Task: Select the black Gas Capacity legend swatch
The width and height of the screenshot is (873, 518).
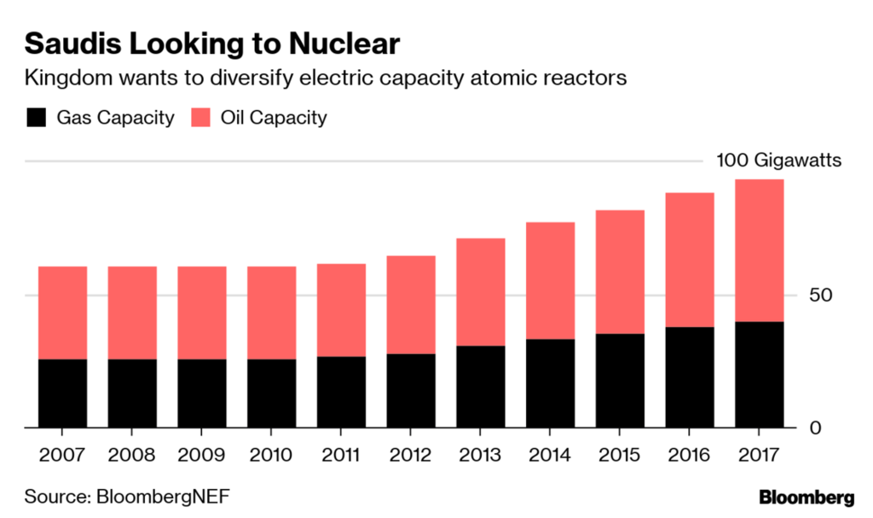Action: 38,117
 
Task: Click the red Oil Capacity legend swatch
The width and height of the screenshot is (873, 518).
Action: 202,117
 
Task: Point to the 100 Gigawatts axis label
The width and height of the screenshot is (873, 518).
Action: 778,161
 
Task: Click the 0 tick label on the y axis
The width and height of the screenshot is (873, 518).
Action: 814,428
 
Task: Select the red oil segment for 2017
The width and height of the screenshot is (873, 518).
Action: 759,250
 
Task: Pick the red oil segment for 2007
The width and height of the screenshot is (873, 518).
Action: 62,312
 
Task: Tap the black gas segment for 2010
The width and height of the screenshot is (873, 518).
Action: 271,393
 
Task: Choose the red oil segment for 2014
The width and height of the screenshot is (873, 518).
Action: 550,281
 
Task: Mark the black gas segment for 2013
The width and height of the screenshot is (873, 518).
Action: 480,386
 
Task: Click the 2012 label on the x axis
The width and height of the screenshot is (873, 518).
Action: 410,453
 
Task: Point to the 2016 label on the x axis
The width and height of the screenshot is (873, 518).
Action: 689,453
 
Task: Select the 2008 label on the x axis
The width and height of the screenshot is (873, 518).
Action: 132,453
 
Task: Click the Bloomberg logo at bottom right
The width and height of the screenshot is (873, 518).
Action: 806,496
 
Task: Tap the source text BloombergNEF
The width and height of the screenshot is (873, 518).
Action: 163,496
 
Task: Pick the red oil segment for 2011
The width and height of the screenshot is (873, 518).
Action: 341,310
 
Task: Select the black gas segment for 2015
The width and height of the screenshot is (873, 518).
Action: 620,380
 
